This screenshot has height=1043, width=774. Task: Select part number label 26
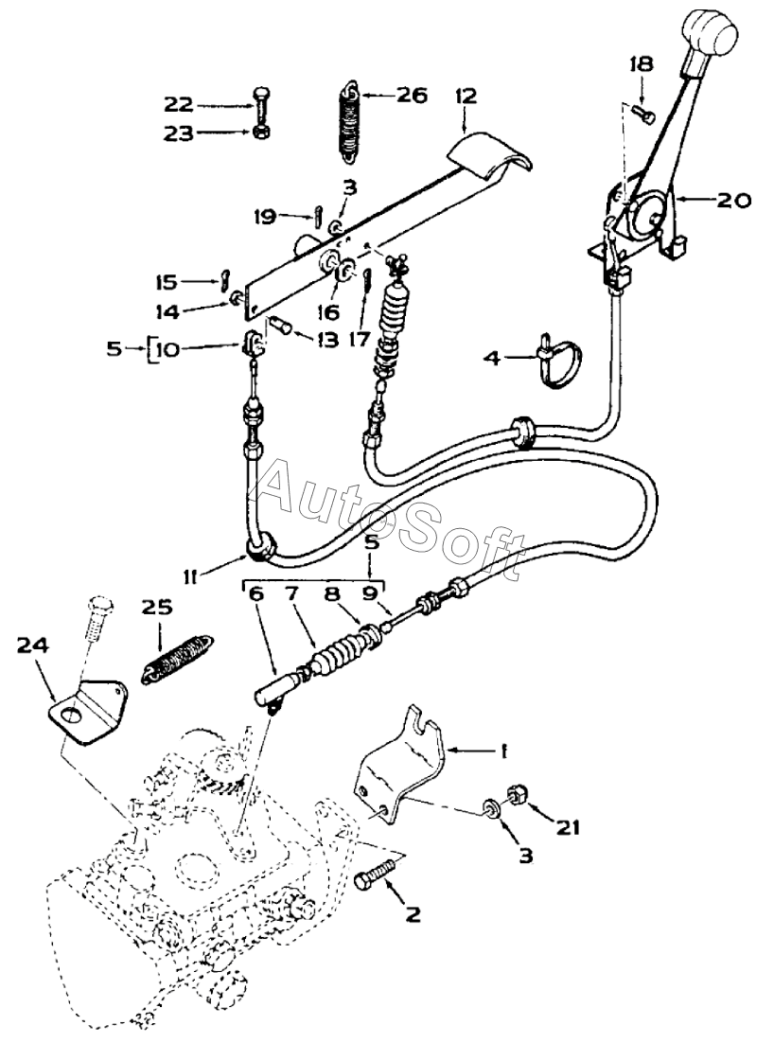coord(412,96)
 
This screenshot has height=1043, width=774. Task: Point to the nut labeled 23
coord(260,131)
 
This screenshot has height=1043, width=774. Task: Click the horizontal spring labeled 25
coord(178,659)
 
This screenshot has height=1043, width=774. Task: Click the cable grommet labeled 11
coord(261,550)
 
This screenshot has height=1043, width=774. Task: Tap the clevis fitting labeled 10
coord(252,342)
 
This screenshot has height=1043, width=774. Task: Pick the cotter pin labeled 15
coord(225,277)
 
